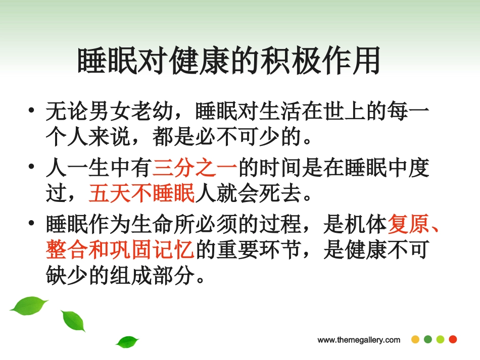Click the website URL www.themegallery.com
point(359,340)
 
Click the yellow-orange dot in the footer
point(415,339)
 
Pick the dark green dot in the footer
point(428,339)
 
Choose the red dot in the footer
point(453,339)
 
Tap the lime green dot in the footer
point(440,339)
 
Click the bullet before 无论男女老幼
point(32,111)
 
